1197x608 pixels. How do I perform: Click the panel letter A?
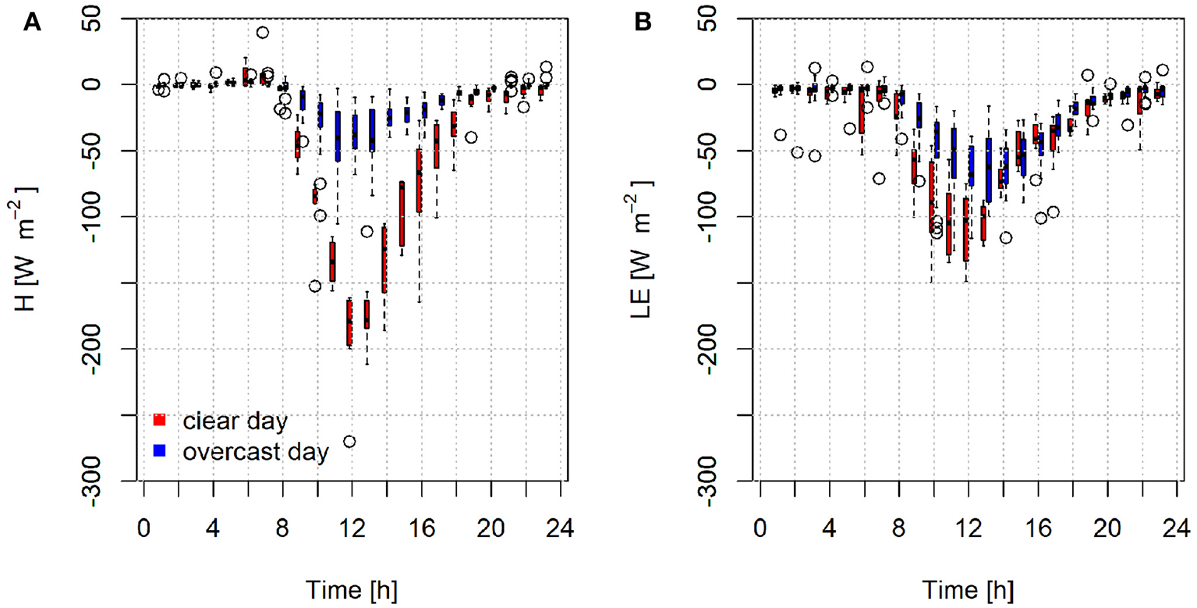point(32,23)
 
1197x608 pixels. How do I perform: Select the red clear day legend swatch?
point(159,420)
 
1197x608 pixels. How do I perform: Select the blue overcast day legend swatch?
point(159,450)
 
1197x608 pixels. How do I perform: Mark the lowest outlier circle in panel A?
point(349,442)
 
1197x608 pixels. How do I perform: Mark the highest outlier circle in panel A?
point(263,33)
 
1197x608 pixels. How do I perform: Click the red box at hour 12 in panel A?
point(349,322)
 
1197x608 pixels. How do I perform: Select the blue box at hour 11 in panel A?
point(338,137)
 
